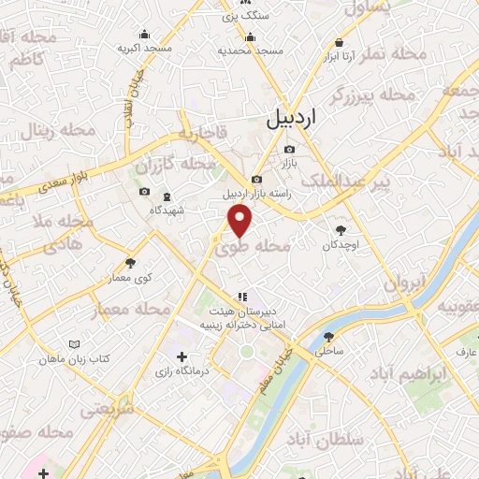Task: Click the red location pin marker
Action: (x=240, y=221)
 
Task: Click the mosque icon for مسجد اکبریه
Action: (x=142, y=31)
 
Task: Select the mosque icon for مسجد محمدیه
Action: (x=249, y=37)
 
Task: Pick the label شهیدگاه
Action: (x=167, y=210)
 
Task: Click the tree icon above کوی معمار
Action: (x=130, y=263)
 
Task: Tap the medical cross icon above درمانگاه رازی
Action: (x=182, y=356)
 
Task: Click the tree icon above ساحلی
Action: (x=327, y=337)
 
